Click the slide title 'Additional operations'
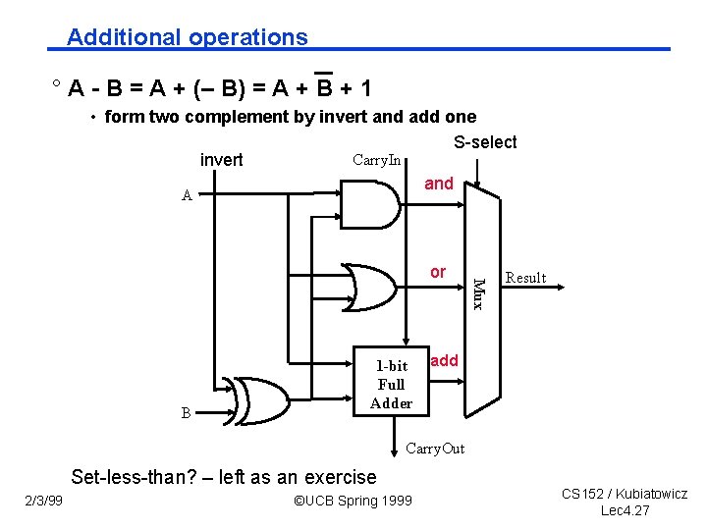pyautogui.click(x=187, y=37)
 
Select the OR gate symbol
pyautogui.click(x=373, y=287)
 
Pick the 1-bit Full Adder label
pyautogui.click(x=392, y=385)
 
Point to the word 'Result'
pyautogui.click(x=525, y=278)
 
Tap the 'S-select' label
pyautogui.click(x=485, y=142)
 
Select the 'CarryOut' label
pyautogui.click(x=435, y=450)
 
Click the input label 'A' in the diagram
pyautogui.click(x=187, y=195)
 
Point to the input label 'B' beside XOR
pyautogui.click(x=186, y=413)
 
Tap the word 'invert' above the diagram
pyautogui.click(x=221, y=160)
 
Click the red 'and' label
pyautogui.click(x=439, y=184)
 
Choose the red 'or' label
pyautogui.click(x=438, y=272)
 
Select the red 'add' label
pyautogui.click(x=444, y=360)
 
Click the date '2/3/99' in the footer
pyautogui.click(x=43, y=501)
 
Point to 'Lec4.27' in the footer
pyautogui.click(x=625, y=510)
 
